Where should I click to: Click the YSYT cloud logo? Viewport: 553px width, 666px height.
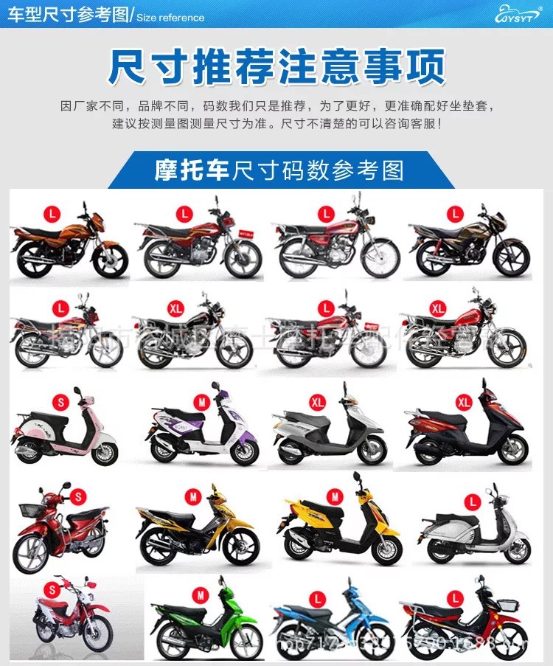point(518,13)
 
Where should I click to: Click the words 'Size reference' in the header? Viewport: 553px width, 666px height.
point(170,17)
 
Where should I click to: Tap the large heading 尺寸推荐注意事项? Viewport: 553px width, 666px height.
point(276,66)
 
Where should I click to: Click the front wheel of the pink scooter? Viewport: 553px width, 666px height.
point(105,452)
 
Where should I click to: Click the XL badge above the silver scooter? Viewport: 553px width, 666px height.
point(318,402)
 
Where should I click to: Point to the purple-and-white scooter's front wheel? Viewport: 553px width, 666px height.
point(243,451)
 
